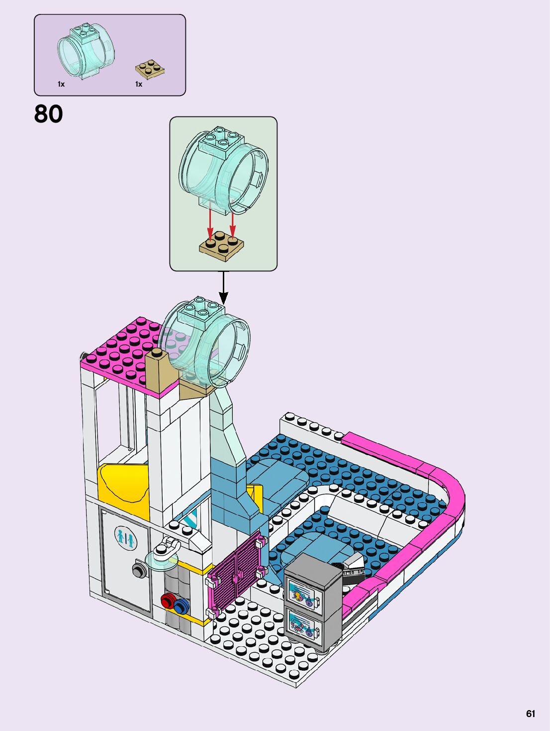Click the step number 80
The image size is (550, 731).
[48, 114]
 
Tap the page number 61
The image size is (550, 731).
[530, 714]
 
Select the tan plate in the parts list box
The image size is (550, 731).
[150, 69]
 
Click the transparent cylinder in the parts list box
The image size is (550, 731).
[86, 50]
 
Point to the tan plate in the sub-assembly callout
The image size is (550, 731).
[222, 245]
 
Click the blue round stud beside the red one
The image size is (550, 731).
[181, 606]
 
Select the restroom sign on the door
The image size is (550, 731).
[124, 537]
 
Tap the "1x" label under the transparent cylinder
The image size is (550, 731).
[61, 84]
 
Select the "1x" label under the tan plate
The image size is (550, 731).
[139, 84]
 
